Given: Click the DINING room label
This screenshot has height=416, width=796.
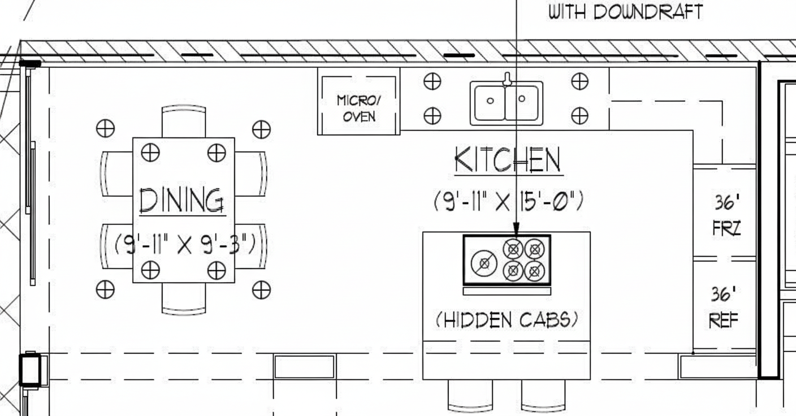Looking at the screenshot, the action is point(182,201).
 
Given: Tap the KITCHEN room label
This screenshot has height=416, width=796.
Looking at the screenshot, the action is point(508,160).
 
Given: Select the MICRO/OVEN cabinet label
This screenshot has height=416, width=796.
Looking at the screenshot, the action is point(359,109).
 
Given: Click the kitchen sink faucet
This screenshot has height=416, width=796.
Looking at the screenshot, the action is point(507,79).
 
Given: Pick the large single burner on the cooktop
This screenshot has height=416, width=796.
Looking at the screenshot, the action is point(484,263).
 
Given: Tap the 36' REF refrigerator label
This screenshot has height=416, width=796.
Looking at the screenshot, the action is point(724,307).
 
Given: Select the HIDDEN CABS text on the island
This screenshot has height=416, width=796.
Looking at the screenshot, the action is point(507,320).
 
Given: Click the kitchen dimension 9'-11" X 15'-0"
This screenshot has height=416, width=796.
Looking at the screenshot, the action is point(508,201).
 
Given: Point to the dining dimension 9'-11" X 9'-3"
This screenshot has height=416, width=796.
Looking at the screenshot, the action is point(185,244).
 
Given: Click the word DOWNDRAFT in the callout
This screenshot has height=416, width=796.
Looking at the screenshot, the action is point(648,12).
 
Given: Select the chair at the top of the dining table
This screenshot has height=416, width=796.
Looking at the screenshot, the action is point(184,121).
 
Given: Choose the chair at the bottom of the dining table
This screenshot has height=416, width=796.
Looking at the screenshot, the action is point(184,299).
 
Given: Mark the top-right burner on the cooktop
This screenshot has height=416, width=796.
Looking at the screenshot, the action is point(534,250).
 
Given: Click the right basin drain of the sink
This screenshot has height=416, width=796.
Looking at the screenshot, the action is point(522,99).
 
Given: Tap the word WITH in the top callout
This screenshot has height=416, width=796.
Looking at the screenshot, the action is point(567,12).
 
